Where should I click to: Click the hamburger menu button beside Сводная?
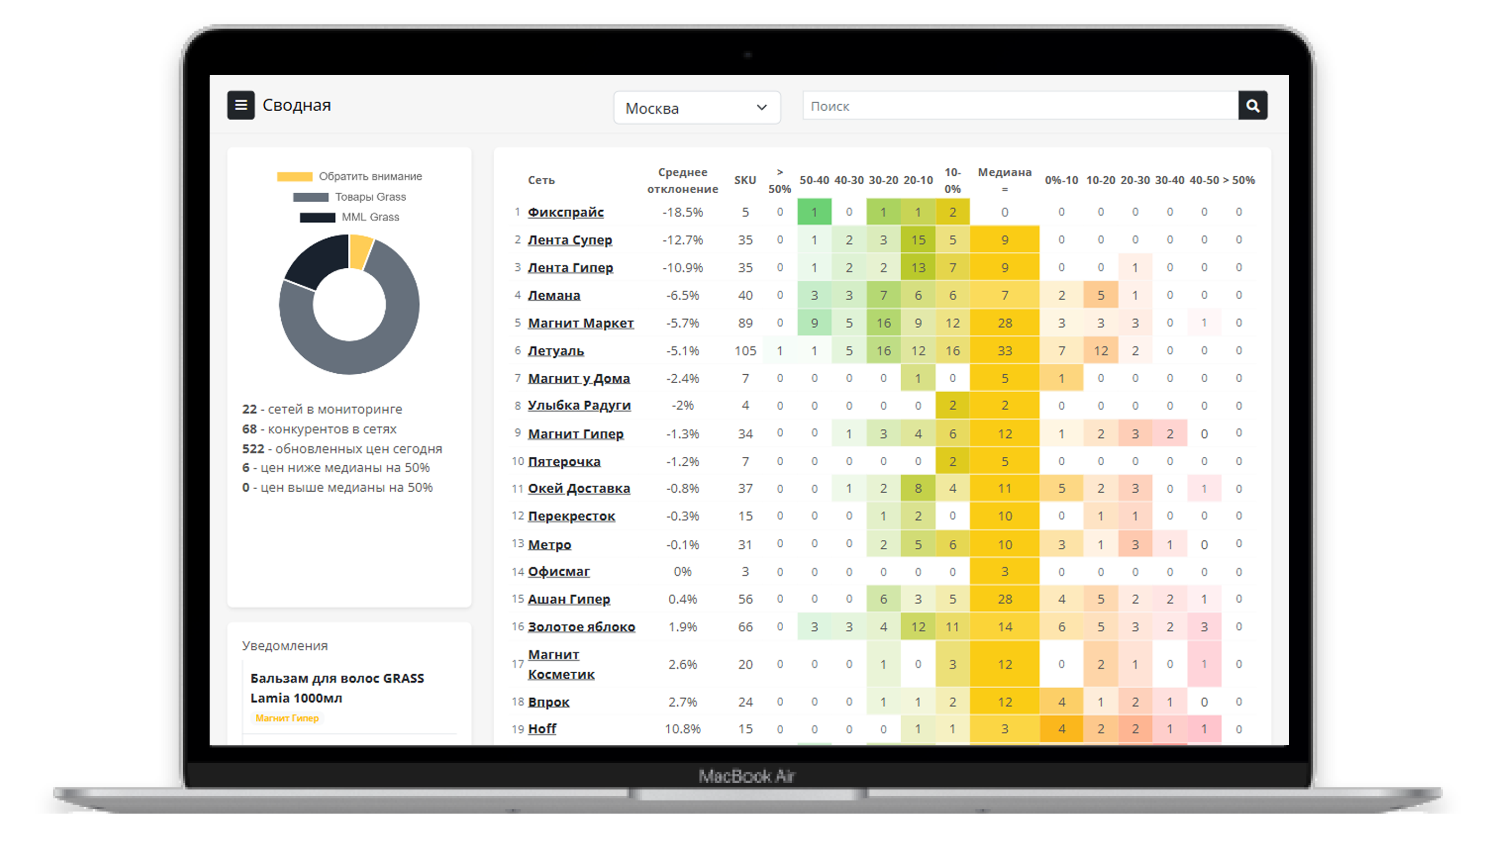coord(240,105)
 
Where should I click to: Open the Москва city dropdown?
coord(696,108)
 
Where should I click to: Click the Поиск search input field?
coord(1020,106)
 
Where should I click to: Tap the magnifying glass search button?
coord(1252,105)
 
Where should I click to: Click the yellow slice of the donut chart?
coord(360,251)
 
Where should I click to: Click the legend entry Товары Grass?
coord(370,197)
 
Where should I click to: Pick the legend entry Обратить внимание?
coord(370,177)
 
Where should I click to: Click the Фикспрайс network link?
coord(565,212)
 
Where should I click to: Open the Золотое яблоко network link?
coord(581,627)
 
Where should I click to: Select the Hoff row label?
coord(542,729)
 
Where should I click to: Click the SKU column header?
coord(745,180)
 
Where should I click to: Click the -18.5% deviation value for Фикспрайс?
coord(683,212)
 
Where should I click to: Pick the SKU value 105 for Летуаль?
coord(745,351)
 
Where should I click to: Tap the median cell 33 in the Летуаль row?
coord(1005,351)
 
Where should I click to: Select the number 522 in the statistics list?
coord(253,449)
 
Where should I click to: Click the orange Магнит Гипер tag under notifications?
coord(287,718)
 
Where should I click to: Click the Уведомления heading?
coord(284,646)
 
